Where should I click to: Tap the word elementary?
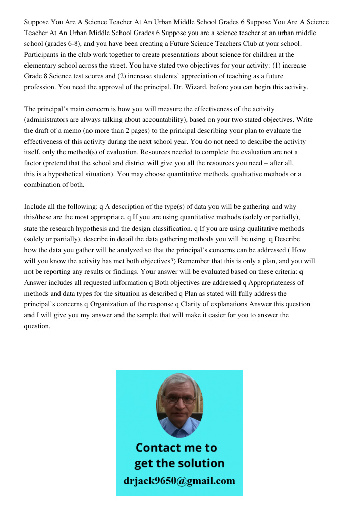[x=42, y=66]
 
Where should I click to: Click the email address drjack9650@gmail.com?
[x=179, y=480]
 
